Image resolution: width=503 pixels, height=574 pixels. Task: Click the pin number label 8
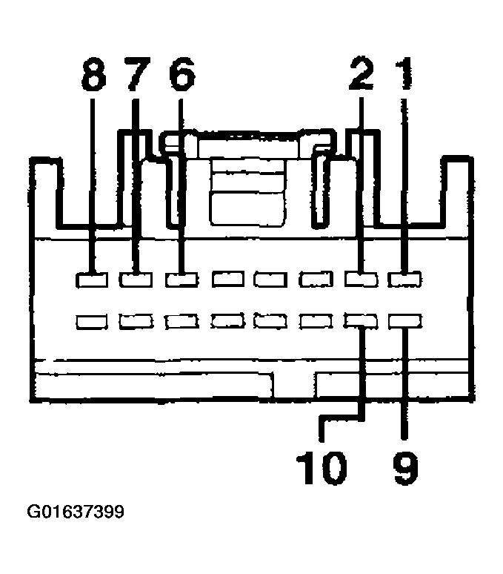click(x=94, y=74)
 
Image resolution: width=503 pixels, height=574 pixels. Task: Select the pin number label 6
click(x=182, y=74)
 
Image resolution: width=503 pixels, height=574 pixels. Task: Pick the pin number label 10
click(x=322, y=468)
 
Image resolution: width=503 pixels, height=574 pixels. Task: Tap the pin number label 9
click(x=405, y=468)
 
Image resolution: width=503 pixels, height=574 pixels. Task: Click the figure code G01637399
click(x=76, y=512)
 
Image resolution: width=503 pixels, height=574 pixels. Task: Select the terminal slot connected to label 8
click(x=92, y=280)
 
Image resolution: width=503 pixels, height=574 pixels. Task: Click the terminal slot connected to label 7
click(x=136, y=280)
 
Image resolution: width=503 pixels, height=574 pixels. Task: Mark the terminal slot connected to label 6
click(x=181, y=280)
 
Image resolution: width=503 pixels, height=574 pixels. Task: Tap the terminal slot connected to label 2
click(x=361, y=280)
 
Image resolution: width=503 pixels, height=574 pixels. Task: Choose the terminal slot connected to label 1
click(x=404, y=280)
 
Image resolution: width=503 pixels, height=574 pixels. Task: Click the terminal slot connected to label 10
click(x=361, y=320)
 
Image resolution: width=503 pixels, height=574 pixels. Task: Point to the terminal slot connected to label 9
click(x=405, y=321)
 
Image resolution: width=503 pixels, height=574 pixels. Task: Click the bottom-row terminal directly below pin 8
click(x=92, y=322)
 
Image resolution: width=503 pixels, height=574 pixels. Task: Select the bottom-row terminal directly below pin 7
click(x=136, y=322)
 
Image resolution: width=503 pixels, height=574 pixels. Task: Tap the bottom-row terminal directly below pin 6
click(x=181, y=322)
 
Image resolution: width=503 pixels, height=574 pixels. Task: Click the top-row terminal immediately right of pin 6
click(x=228, y=280)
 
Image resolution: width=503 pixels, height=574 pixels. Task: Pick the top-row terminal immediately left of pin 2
click(x=316, y=280)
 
